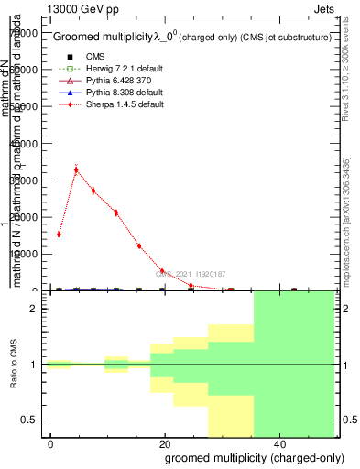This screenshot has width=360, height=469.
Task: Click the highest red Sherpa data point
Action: pos(76,169)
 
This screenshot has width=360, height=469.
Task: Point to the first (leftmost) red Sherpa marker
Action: pos(59,234)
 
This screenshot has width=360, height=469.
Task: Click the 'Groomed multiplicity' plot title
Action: pos(101,37)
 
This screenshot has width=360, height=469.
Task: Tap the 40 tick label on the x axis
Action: pos(278,443)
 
